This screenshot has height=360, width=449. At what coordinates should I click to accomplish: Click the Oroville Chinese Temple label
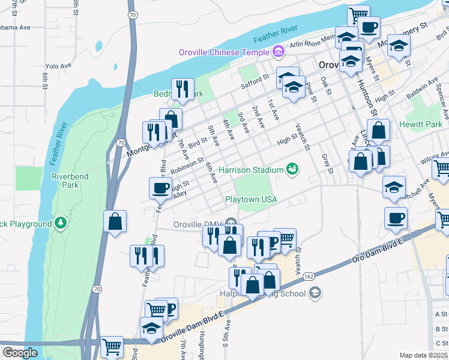[224, 52]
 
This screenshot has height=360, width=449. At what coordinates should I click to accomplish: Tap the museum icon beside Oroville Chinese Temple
[277, 53]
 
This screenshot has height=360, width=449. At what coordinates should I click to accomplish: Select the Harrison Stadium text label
[251, 170]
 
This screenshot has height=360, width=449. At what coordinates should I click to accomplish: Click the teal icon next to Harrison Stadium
[292, 170]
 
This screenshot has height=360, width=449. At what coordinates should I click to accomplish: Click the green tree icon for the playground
[60, 224]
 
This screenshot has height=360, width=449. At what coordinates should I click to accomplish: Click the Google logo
[20, 352]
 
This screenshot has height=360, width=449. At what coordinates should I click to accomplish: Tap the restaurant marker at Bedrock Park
[182, 89]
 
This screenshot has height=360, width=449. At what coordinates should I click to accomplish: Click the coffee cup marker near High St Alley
[160, 188]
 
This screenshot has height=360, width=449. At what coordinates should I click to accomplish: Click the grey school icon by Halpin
[315, 293]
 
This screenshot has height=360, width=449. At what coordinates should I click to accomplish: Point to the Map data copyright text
[424, 355]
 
